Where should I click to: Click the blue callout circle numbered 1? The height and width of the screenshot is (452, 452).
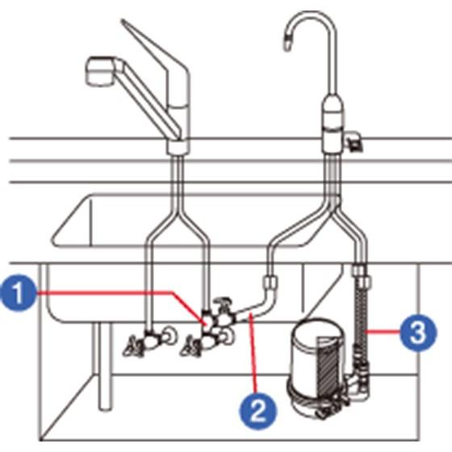point(19,293)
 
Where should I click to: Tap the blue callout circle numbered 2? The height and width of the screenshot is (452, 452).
point(257,411)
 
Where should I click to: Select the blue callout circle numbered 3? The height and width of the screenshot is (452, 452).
point(418,333)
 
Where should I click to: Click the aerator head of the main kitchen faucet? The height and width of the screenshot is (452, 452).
point(99,71)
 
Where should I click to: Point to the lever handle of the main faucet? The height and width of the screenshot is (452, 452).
point(156,57)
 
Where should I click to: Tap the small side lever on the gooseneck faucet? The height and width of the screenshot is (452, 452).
point(354,141)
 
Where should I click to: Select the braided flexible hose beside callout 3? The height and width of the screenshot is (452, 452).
point(361,317)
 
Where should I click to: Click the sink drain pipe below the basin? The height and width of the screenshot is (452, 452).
point(104,366)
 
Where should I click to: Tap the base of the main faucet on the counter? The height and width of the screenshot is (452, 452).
point(178,147)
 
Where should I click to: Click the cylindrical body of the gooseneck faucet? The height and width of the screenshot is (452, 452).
point(333,124)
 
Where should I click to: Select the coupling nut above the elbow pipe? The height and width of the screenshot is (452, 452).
point(270,282)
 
